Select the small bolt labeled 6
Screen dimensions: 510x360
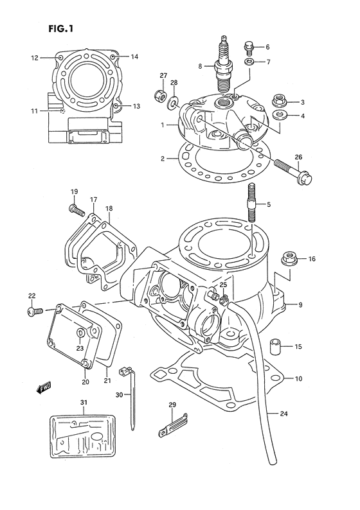coord(249,46)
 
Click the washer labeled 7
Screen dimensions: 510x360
coord(250,62)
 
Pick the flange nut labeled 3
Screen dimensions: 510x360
coord(280,101)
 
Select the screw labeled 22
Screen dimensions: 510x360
coord(35,312)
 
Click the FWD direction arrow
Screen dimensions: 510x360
coord(44,388)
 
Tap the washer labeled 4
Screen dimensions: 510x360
coord(279,116)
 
